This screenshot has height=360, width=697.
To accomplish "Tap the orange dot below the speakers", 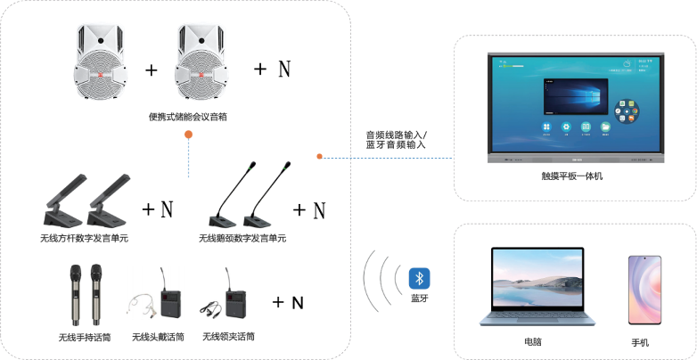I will pyautogui.click(x=188, y=134).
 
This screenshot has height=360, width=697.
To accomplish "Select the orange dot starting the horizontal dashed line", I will pyautogui.click(x=319, y=158).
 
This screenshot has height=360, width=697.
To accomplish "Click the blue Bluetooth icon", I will pyautogui.click(x=419, y=278).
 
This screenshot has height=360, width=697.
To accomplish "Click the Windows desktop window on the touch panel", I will pyautogui.click(x=570, y=96).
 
